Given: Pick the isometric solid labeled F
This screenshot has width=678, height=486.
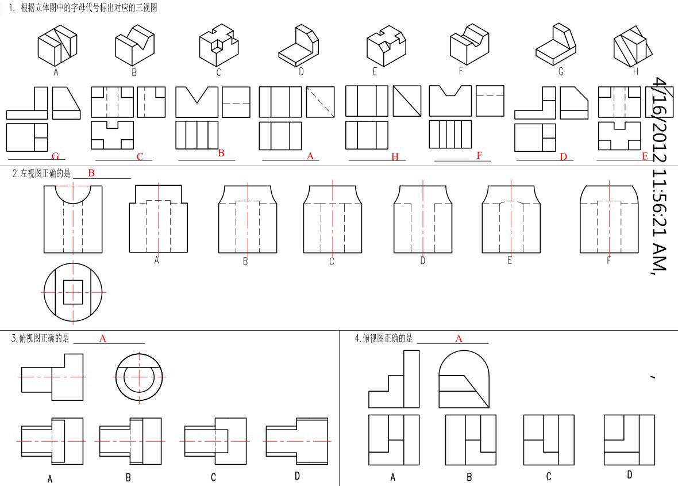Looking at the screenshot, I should point(469,44).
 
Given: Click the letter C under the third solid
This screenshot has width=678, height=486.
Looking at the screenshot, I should point(219,73).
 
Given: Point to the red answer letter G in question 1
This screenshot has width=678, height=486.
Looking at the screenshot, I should point(55,156).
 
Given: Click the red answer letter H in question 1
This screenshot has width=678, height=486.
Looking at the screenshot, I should point(395,157).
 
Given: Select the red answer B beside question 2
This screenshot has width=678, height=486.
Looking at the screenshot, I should point(91,173).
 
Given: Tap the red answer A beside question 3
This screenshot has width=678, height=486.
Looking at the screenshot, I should point(103,339).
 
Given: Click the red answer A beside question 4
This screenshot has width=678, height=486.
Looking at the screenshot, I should point(459,339).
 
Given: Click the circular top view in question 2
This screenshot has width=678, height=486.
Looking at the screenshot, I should point(72,292).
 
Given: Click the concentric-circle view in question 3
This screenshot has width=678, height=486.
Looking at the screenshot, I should point(140,377).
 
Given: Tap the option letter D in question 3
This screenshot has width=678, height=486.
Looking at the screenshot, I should point(297,476).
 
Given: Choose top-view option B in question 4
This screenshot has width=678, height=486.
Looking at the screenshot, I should point(471,440).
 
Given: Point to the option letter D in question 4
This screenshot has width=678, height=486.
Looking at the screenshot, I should point(630,475).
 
